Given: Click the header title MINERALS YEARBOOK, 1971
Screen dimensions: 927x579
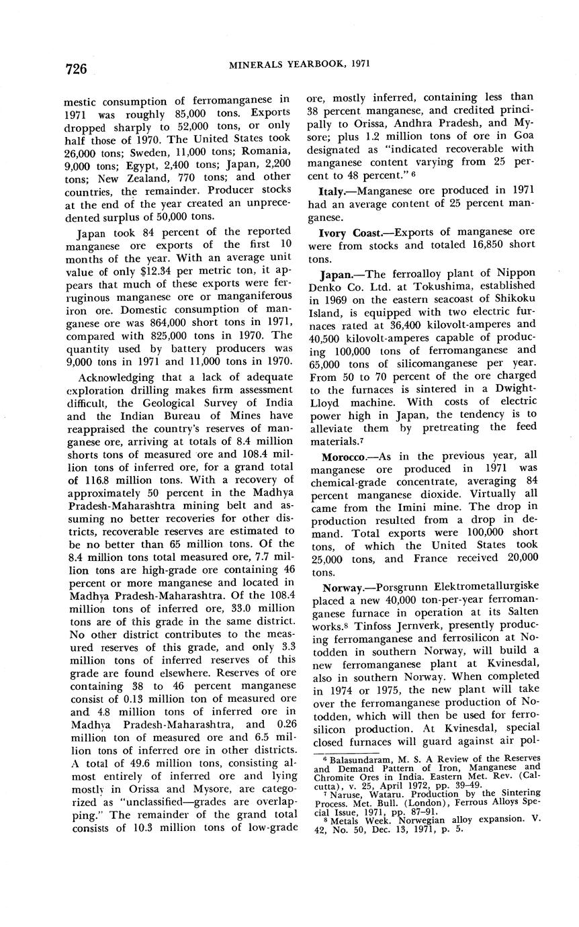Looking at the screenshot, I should click(300, 64).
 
